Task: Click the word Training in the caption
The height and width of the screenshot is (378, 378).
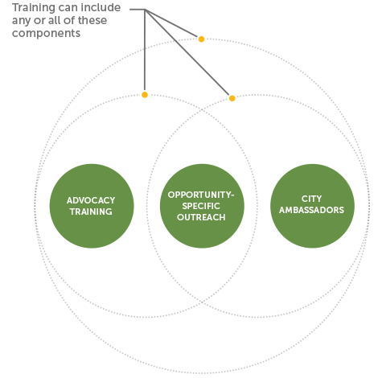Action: coord(32,9)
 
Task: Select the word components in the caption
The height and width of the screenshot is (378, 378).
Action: coord(46,34)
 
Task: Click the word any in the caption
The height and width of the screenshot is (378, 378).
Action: coord(21,22)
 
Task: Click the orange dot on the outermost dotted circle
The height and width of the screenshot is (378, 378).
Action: coord(201,39)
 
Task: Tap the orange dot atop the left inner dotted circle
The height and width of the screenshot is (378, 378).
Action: coord(145,95)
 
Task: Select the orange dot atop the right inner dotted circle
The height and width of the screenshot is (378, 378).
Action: coord(232,98)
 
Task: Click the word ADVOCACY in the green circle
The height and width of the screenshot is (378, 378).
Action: coord(91,200)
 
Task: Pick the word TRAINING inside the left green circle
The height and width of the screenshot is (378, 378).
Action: coord(91,212)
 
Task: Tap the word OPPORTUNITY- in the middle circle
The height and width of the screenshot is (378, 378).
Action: coord(201,195)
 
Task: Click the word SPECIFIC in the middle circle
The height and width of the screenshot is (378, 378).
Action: coord(201,206)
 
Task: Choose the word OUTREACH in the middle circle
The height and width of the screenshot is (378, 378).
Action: coord(201,217)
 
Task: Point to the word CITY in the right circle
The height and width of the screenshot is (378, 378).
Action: coord(311,199)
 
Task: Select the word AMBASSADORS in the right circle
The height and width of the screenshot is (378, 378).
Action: coord(311,210)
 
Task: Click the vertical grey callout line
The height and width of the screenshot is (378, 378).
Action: coord(145,51)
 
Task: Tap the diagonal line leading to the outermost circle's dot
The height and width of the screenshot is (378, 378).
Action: coord(171,23)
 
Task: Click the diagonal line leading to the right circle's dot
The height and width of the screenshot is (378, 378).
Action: coord(187,52)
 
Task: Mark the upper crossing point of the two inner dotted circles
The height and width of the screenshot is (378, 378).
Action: coord(202,109)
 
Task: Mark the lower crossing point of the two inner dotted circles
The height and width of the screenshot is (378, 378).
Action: coord(202,302)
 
